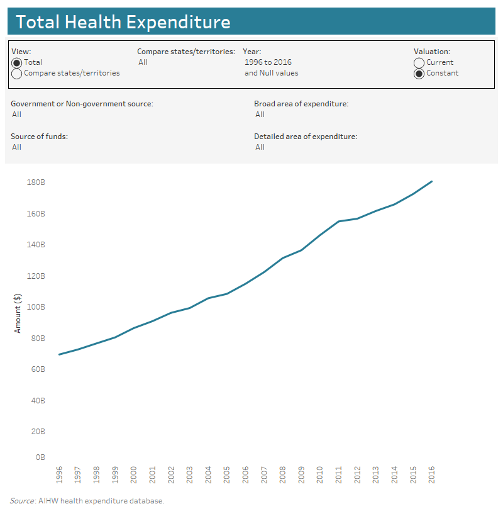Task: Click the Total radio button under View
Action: pyautogui.click(x=17, y=63)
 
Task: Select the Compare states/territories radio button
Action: pyautogui.click(x=17, y=74)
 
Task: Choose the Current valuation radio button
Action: pyautogui.click(x=419, y=63)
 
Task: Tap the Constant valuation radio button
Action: pyautogui.click(x=419, y=74)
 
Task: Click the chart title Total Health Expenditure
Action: pyautogui.click(x=123, y=22)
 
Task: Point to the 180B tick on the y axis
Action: pyautogui.click(x=36, y=182)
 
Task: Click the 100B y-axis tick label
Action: pyautogui.click(x=36, y=307)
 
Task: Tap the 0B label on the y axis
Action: pyautogui.click(x=39, y=457)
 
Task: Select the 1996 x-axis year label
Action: pyautogui.click(x=60, y=474)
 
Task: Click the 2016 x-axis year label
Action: pyautogui.click(x=432, y=474)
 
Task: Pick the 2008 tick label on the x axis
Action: pyautogui.click(x=283, y=474)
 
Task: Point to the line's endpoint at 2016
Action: pyautogui.click(x=432, y=181)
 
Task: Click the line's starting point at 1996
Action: pyautogui.click(x=60, y=354)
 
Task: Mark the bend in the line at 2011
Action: pyautogui.click(x=339, y=222)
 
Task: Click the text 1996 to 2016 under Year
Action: pyautogui.click(x=268, y=62)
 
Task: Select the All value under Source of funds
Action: pyautogui.click(x=16, y=147)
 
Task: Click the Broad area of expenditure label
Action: pyautogui.click(x=301, y=104)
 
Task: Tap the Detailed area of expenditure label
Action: pyautogui.click(x=306, y=137)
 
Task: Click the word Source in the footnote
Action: pyautogui.click(x=21, y=501)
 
